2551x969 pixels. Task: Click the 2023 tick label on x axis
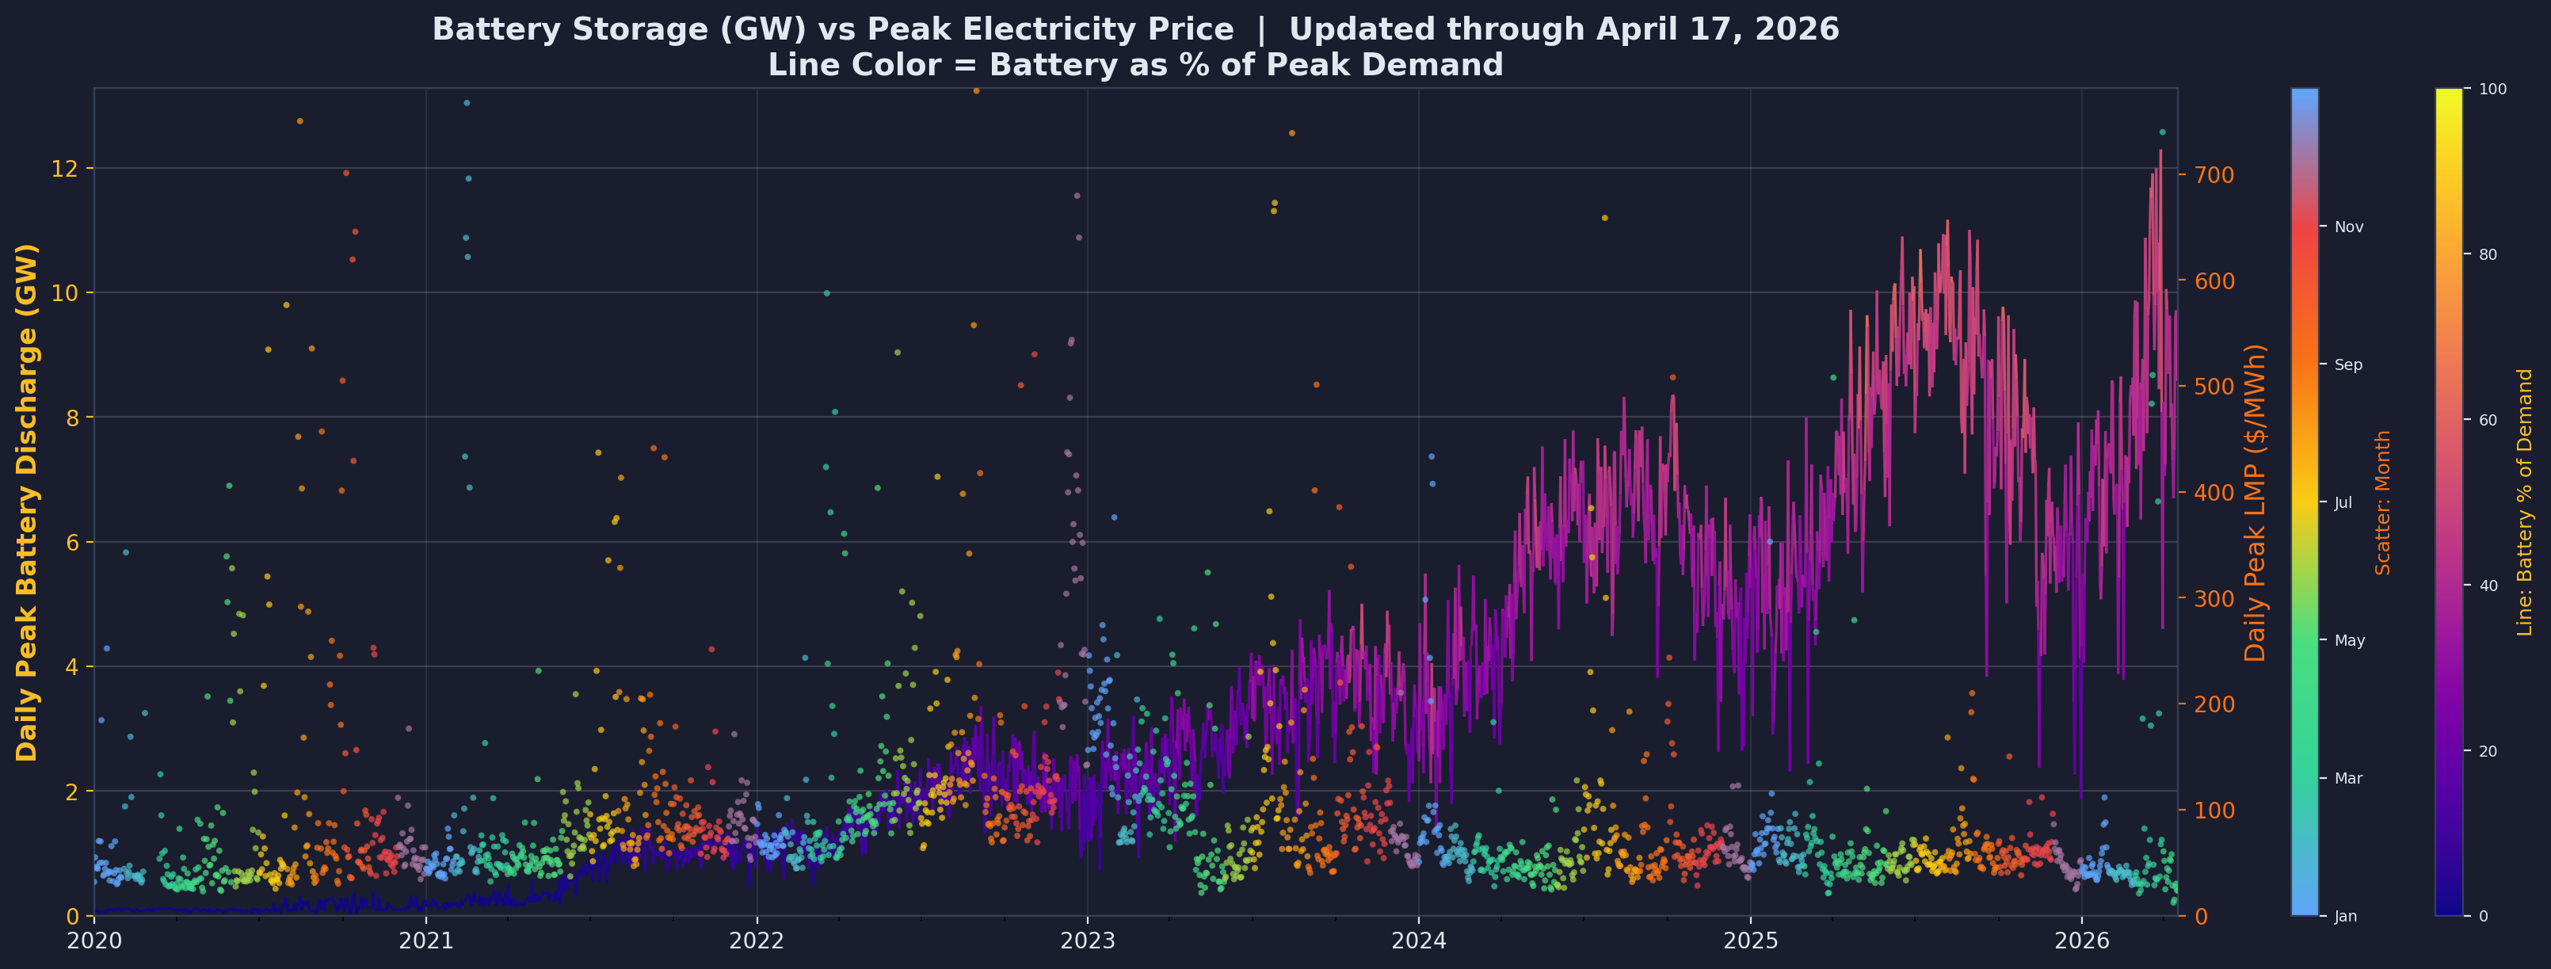[x=1087, y=939]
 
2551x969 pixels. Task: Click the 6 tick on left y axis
[x=72, y=542]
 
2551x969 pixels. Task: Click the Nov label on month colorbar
[x=2348, y=227]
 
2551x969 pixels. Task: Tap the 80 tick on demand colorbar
[x=2492, y=254]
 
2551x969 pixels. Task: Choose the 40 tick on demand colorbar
[x=2492, y=586]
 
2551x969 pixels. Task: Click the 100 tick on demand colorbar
[x=2495, y=90]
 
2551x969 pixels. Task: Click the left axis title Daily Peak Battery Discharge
[x=27, y=502]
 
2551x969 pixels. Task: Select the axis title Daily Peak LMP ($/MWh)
[x=2256, y=502]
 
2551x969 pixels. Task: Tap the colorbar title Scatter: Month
[x=2383, y=502]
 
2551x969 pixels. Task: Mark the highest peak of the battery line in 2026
[x=2160, y=151]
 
